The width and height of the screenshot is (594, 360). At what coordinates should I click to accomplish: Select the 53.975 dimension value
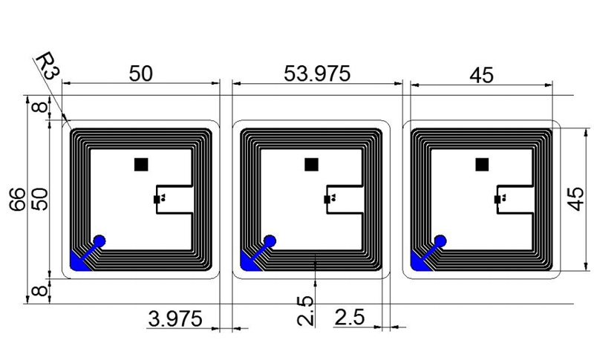[x=317, y=73]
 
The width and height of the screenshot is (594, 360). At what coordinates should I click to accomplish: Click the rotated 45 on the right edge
[x=575, y=199]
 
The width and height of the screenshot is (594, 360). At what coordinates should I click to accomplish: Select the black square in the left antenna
[x=140, y=164]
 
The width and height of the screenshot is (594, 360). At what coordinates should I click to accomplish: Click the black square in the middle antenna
[x=312, y=164]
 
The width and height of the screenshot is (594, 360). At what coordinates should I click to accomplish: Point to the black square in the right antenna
[x=483, y=164]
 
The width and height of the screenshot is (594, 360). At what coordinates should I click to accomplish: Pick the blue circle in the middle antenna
[x=270, y=240]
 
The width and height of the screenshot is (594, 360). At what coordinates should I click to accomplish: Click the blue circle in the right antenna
[x=441, y=240]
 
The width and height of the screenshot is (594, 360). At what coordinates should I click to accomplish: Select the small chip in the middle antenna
[x=327, y=199]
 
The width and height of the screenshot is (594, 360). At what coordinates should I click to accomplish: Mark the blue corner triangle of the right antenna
[x=420, y=262]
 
